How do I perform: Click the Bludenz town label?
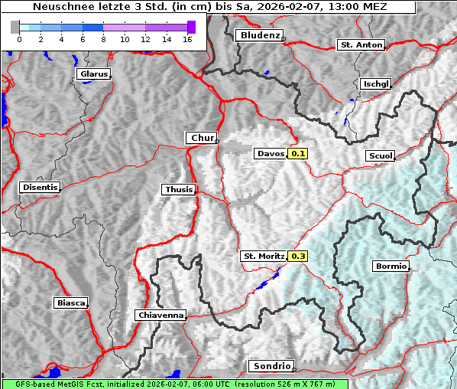[258, 35]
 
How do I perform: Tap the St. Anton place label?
[360, 45]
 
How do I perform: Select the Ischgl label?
[376, 83]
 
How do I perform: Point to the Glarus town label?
[92, 74]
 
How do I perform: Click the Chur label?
[202, 138]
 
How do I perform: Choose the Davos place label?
[271, 154]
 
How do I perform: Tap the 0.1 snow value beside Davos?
[298, 154]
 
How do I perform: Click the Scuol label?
[380, 155]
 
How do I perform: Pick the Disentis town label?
[40, 187]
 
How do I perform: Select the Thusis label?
[179, 189]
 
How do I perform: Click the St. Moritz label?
[263, 256]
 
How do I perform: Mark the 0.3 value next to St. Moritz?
[298, 256]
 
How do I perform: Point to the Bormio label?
[391, 266]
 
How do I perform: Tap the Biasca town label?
[70, 303]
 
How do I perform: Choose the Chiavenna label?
[160, 315]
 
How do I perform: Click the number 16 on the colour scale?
[186, 38]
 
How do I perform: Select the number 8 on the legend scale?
[102, 38]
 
